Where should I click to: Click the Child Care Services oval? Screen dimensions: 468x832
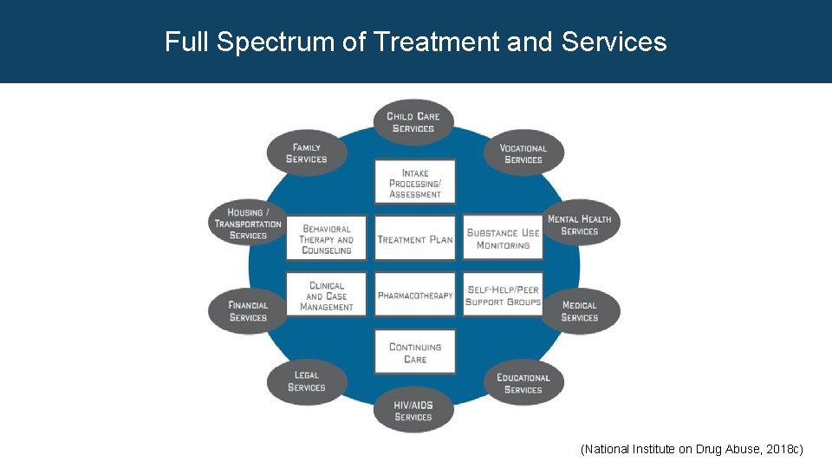(x=413, y=122)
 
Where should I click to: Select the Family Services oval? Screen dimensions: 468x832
(x=307, y=153)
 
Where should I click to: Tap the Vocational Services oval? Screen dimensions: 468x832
(x=523, y=153)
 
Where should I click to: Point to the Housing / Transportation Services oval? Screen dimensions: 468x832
(x=248, y=224)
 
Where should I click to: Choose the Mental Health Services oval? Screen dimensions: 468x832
(x=580, y=225)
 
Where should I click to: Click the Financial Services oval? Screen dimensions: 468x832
(x=248, y=311)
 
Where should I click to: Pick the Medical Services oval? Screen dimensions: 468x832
(x=580, y=311)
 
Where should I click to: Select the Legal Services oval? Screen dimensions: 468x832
(x=307, y=381)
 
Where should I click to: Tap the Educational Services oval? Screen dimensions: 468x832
(x=523, y=383)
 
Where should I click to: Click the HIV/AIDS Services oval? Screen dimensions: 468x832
(x=413, y=411)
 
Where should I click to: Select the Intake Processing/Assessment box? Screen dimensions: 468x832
(x=415, y=183)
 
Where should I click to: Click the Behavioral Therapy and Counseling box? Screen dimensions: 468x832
(x=327, y=239)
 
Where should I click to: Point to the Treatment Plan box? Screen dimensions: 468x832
(x=415, y=239)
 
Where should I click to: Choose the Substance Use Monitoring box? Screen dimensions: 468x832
(x=503, y=239)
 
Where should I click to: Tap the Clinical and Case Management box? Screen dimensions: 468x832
(x=327, y=296)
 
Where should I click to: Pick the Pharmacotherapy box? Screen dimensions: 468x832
(x=415, y=296)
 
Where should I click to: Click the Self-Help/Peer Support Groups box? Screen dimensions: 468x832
(x=503, y=296)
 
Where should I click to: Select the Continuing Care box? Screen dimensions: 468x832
(x=415, y=353)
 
